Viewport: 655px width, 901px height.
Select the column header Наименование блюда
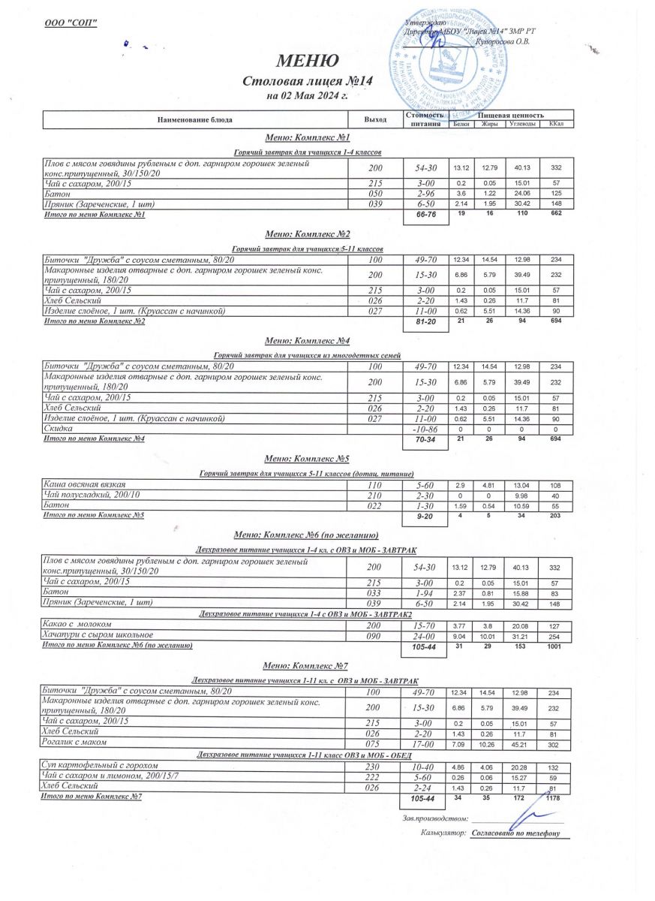click(194, 119)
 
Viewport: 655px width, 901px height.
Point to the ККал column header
click(556, 124)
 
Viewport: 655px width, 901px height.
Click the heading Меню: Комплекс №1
click(307, 138)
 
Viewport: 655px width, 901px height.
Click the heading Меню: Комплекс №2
click(307, 234)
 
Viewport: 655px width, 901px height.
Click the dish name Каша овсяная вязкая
click(84, 485)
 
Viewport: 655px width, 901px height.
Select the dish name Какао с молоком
click(78, 625)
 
